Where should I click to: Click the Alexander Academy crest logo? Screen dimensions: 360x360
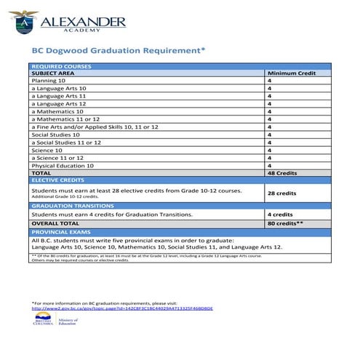(x=26, y=23)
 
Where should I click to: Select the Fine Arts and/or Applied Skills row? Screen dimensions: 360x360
(x=95, y=127)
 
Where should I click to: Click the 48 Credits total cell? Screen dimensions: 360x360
(x=282, y=172)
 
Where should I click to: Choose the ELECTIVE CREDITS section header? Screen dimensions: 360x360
(x=58, y=180)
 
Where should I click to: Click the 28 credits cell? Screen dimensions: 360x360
(x=282, y=193)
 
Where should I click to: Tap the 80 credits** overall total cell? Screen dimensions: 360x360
(x=286, y=223)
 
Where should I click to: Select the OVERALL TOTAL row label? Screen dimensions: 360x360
(x=57, y=223)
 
